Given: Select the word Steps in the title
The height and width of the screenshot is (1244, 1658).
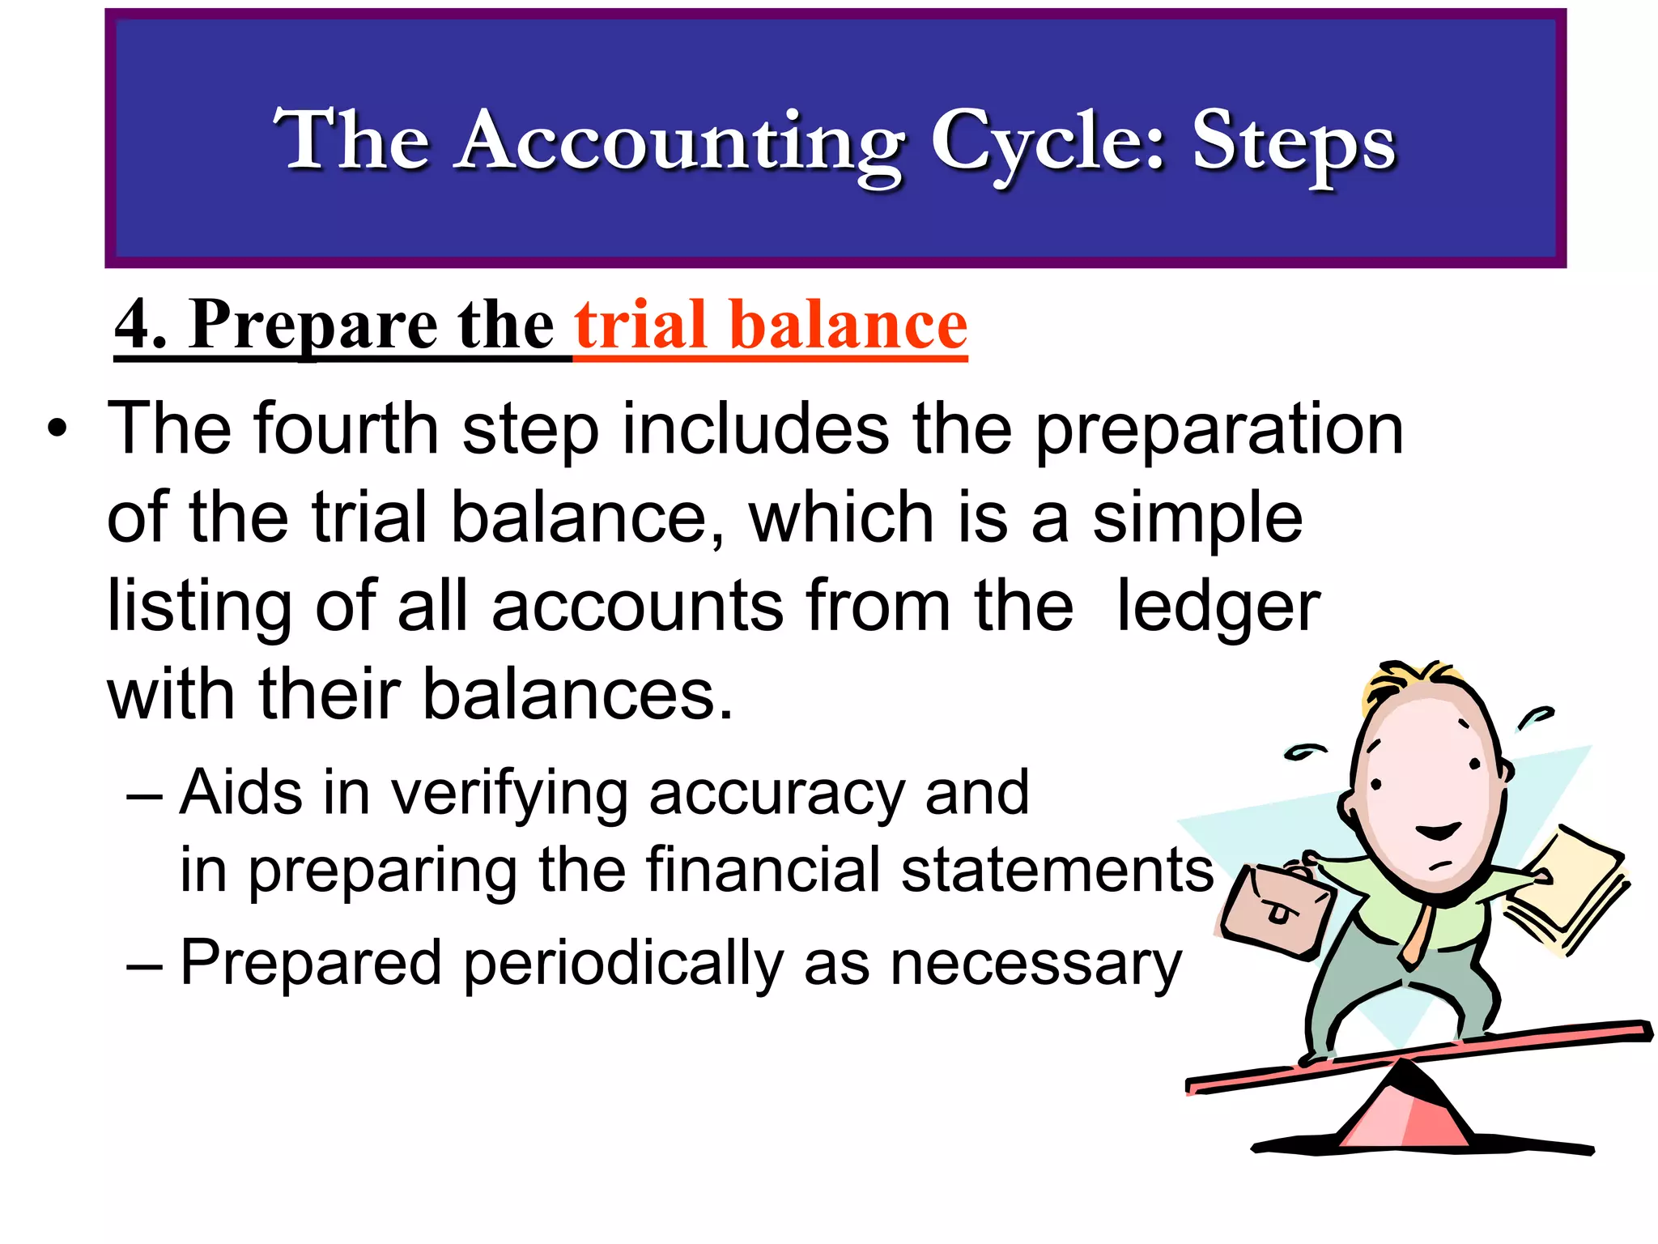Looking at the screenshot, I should pos(1294,144).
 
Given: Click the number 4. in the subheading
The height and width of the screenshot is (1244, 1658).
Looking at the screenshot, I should pos(141,326).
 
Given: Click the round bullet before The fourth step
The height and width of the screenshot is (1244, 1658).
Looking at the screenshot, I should pos(57,428).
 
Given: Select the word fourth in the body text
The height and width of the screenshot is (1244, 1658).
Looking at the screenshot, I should pos(346,428).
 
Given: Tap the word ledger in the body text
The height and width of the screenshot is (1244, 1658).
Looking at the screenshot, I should pos(1218,607).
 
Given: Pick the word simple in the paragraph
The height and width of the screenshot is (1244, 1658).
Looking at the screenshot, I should pos(1197,518).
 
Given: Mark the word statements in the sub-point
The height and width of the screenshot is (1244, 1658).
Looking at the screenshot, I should pos(1057,870).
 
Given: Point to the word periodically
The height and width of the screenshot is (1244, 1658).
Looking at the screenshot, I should pos(623,964).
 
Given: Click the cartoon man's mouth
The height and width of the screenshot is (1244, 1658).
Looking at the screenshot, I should pos(1437,833).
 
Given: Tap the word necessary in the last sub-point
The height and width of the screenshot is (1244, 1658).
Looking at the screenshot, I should pos(1035,964).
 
